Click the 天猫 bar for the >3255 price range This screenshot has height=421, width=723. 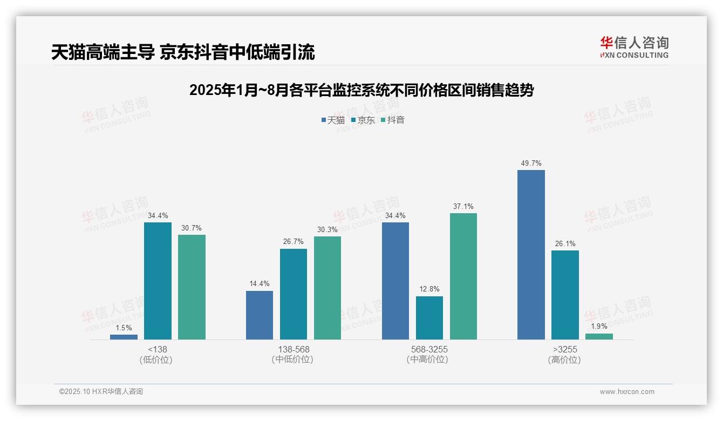(x=531, y=255)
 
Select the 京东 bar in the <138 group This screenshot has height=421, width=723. (x=158, y=281)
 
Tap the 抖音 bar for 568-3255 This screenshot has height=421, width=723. (x=463, y=276)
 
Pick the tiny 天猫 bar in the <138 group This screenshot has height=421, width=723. (x=124, y=337)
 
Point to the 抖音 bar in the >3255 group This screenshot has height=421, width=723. (x=599, y=336)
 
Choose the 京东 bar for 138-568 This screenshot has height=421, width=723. (x=293, y=294)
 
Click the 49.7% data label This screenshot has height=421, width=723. (x=531, y=163)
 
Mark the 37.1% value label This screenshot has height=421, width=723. (x=463, y=206)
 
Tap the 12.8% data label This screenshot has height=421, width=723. (x=429, y=289)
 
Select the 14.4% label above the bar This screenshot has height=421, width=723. (x=260, y=283)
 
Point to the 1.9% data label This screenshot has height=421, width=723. (x=599, y=326)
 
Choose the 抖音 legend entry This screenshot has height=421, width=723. (x=393, y=120)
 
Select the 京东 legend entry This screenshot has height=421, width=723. (x=363, y=120)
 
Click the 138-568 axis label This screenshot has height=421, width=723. (x=294, y=350)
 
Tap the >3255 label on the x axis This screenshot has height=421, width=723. (x=564, y=350)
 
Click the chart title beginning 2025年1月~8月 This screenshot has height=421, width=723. (x=361, y=90)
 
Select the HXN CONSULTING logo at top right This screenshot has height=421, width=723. (x=634, y=47)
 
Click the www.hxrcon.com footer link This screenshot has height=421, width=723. (x=627, y=392)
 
